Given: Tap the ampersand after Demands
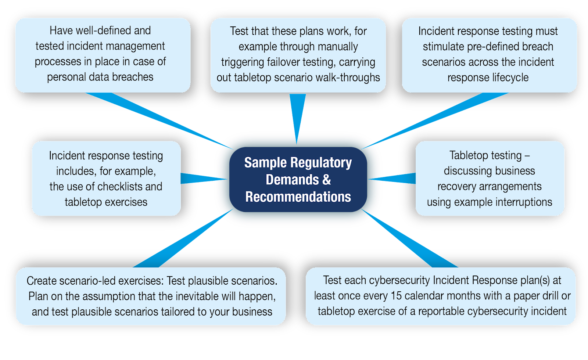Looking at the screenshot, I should (327, 180).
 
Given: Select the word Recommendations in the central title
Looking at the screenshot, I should (298, 197).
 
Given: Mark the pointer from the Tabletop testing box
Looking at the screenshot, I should (395, 178).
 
